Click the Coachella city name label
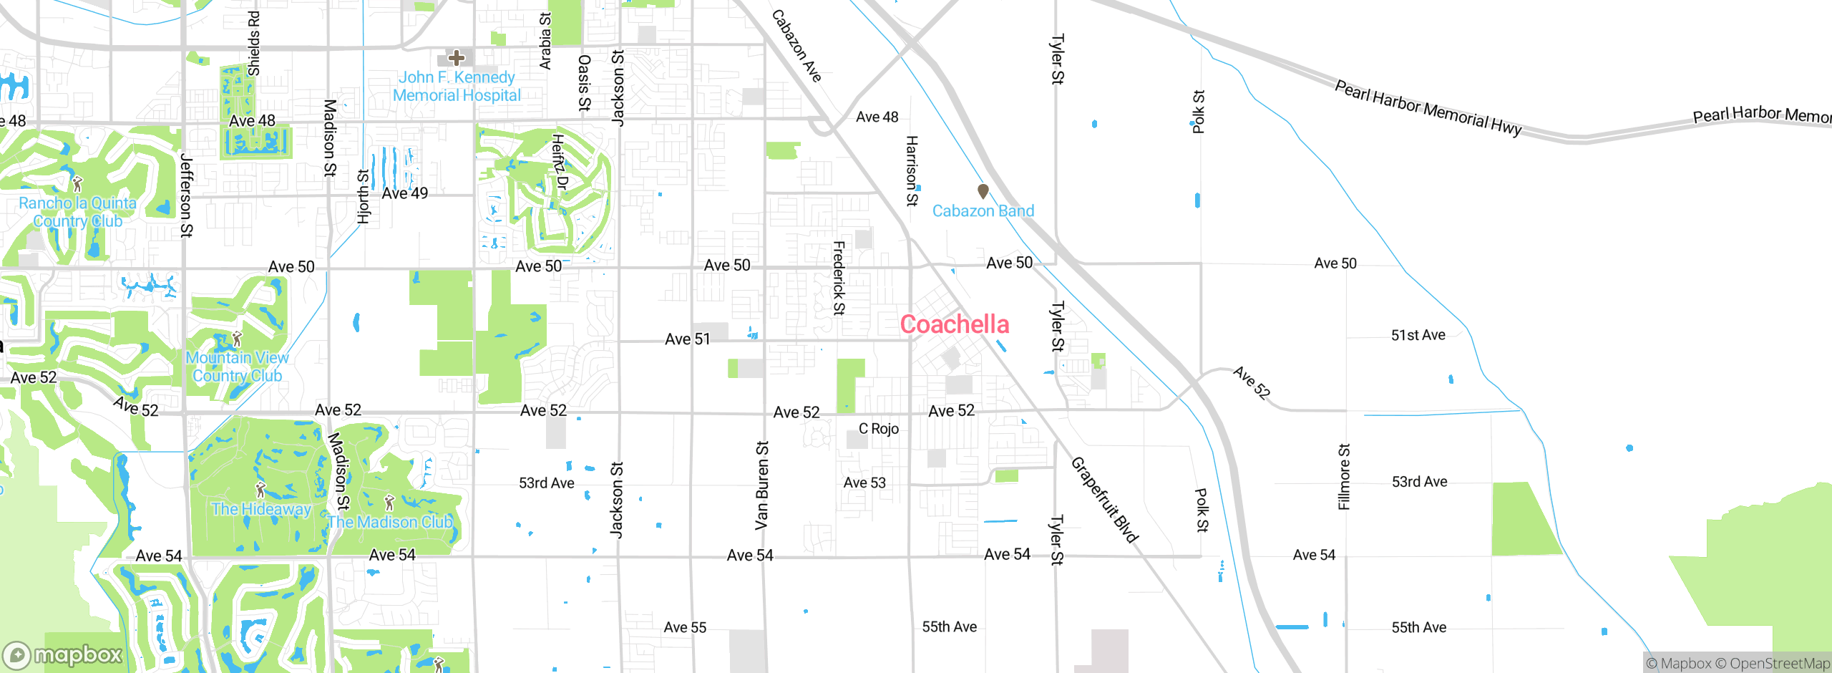(954, 324)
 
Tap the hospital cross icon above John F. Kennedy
(456, 58)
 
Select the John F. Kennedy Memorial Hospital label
(457, 87)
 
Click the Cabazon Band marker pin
(983, 191)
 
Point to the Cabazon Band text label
(983, 211)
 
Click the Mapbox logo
(63, 654)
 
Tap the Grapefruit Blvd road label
(1103, 500)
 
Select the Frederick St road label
(839, 279)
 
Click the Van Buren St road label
(762, 485)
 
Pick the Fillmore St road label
(1344, 477)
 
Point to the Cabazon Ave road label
(796, 47)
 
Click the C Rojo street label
(879, 429)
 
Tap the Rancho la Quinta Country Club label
(77, 212)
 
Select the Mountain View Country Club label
(237, 367)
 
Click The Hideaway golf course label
(261, 509)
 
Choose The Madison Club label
(391, 522)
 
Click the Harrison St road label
(912, 171)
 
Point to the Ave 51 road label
(687, 339)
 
